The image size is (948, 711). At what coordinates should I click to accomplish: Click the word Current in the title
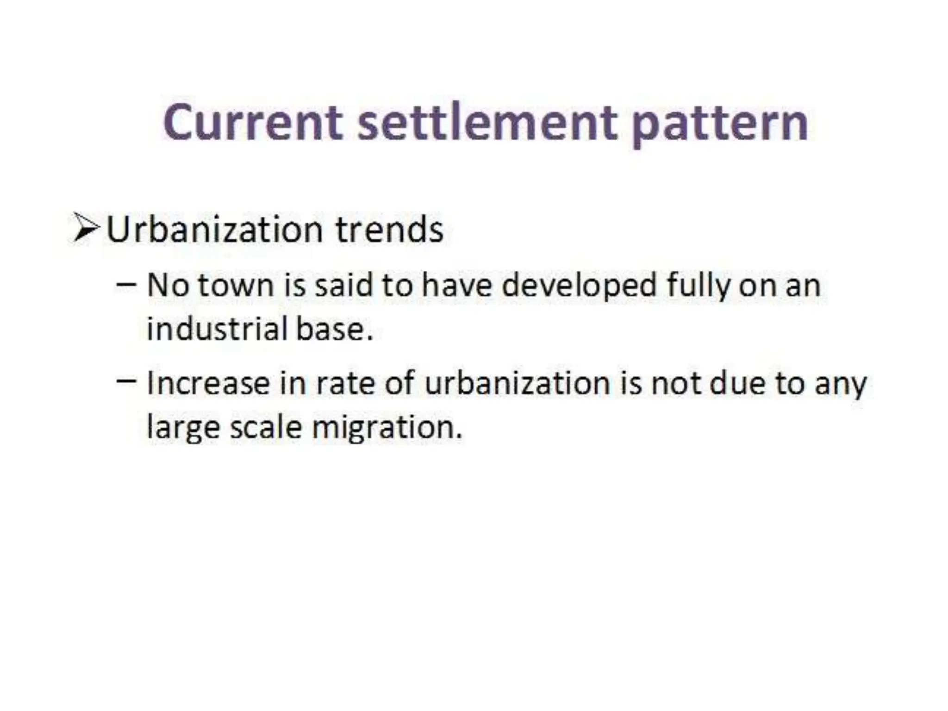click(x=252, y=123)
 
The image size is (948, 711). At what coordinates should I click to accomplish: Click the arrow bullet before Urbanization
click(x=86, y=228)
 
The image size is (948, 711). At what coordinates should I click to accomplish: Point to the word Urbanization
click(x=214, y=230)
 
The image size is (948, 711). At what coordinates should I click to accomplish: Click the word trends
click(x=389, y=230)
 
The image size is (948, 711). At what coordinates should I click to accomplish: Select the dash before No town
click(x=126, y=284)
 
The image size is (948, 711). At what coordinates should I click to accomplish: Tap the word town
click(x=236, y=285)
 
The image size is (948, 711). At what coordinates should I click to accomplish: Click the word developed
click(x=579, y=285)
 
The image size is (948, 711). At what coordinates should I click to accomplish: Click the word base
click(x=334, y=329)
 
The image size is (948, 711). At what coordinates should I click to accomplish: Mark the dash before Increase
click(x=126, y=380)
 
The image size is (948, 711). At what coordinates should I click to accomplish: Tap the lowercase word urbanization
click(x=517, y=383)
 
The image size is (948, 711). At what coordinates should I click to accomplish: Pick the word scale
click(x=266, y=427)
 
